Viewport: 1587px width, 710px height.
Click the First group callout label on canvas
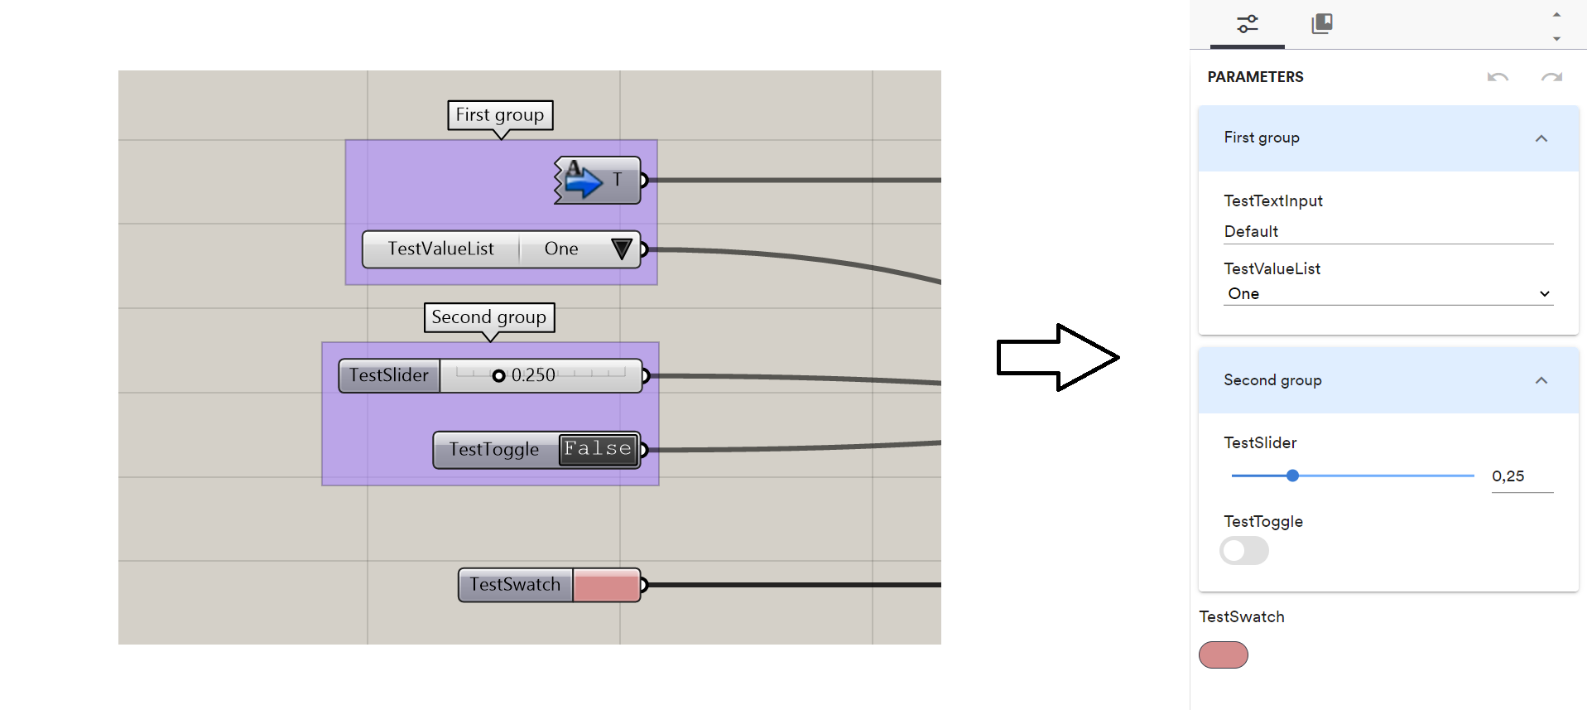500,115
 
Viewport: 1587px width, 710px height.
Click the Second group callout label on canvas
488,317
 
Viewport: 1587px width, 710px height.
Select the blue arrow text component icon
583,180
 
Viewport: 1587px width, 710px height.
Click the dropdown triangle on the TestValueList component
622,249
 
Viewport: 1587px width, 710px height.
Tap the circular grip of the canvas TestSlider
498,375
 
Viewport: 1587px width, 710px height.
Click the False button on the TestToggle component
598,449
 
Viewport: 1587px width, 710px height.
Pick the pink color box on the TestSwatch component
606,585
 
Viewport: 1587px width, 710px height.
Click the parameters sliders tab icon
1247,24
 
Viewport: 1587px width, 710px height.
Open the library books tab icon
1322,24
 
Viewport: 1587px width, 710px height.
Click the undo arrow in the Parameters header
1498,77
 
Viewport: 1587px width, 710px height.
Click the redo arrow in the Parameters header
1551,77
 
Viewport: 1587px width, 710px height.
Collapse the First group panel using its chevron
1541,138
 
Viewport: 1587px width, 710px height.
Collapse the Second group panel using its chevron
1541,380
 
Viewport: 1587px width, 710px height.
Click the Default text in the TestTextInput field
1251,232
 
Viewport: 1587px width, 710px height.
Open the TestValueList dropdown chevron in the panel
1544,294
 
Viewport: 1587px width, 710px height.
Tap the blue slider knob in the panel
1292,476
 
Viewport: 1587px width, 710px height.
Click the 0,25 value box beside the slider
1521,476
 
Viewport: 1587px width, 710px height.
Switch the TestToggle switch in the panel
1243,551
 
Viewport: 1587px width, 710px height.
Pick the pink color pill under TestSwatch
1223,655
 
